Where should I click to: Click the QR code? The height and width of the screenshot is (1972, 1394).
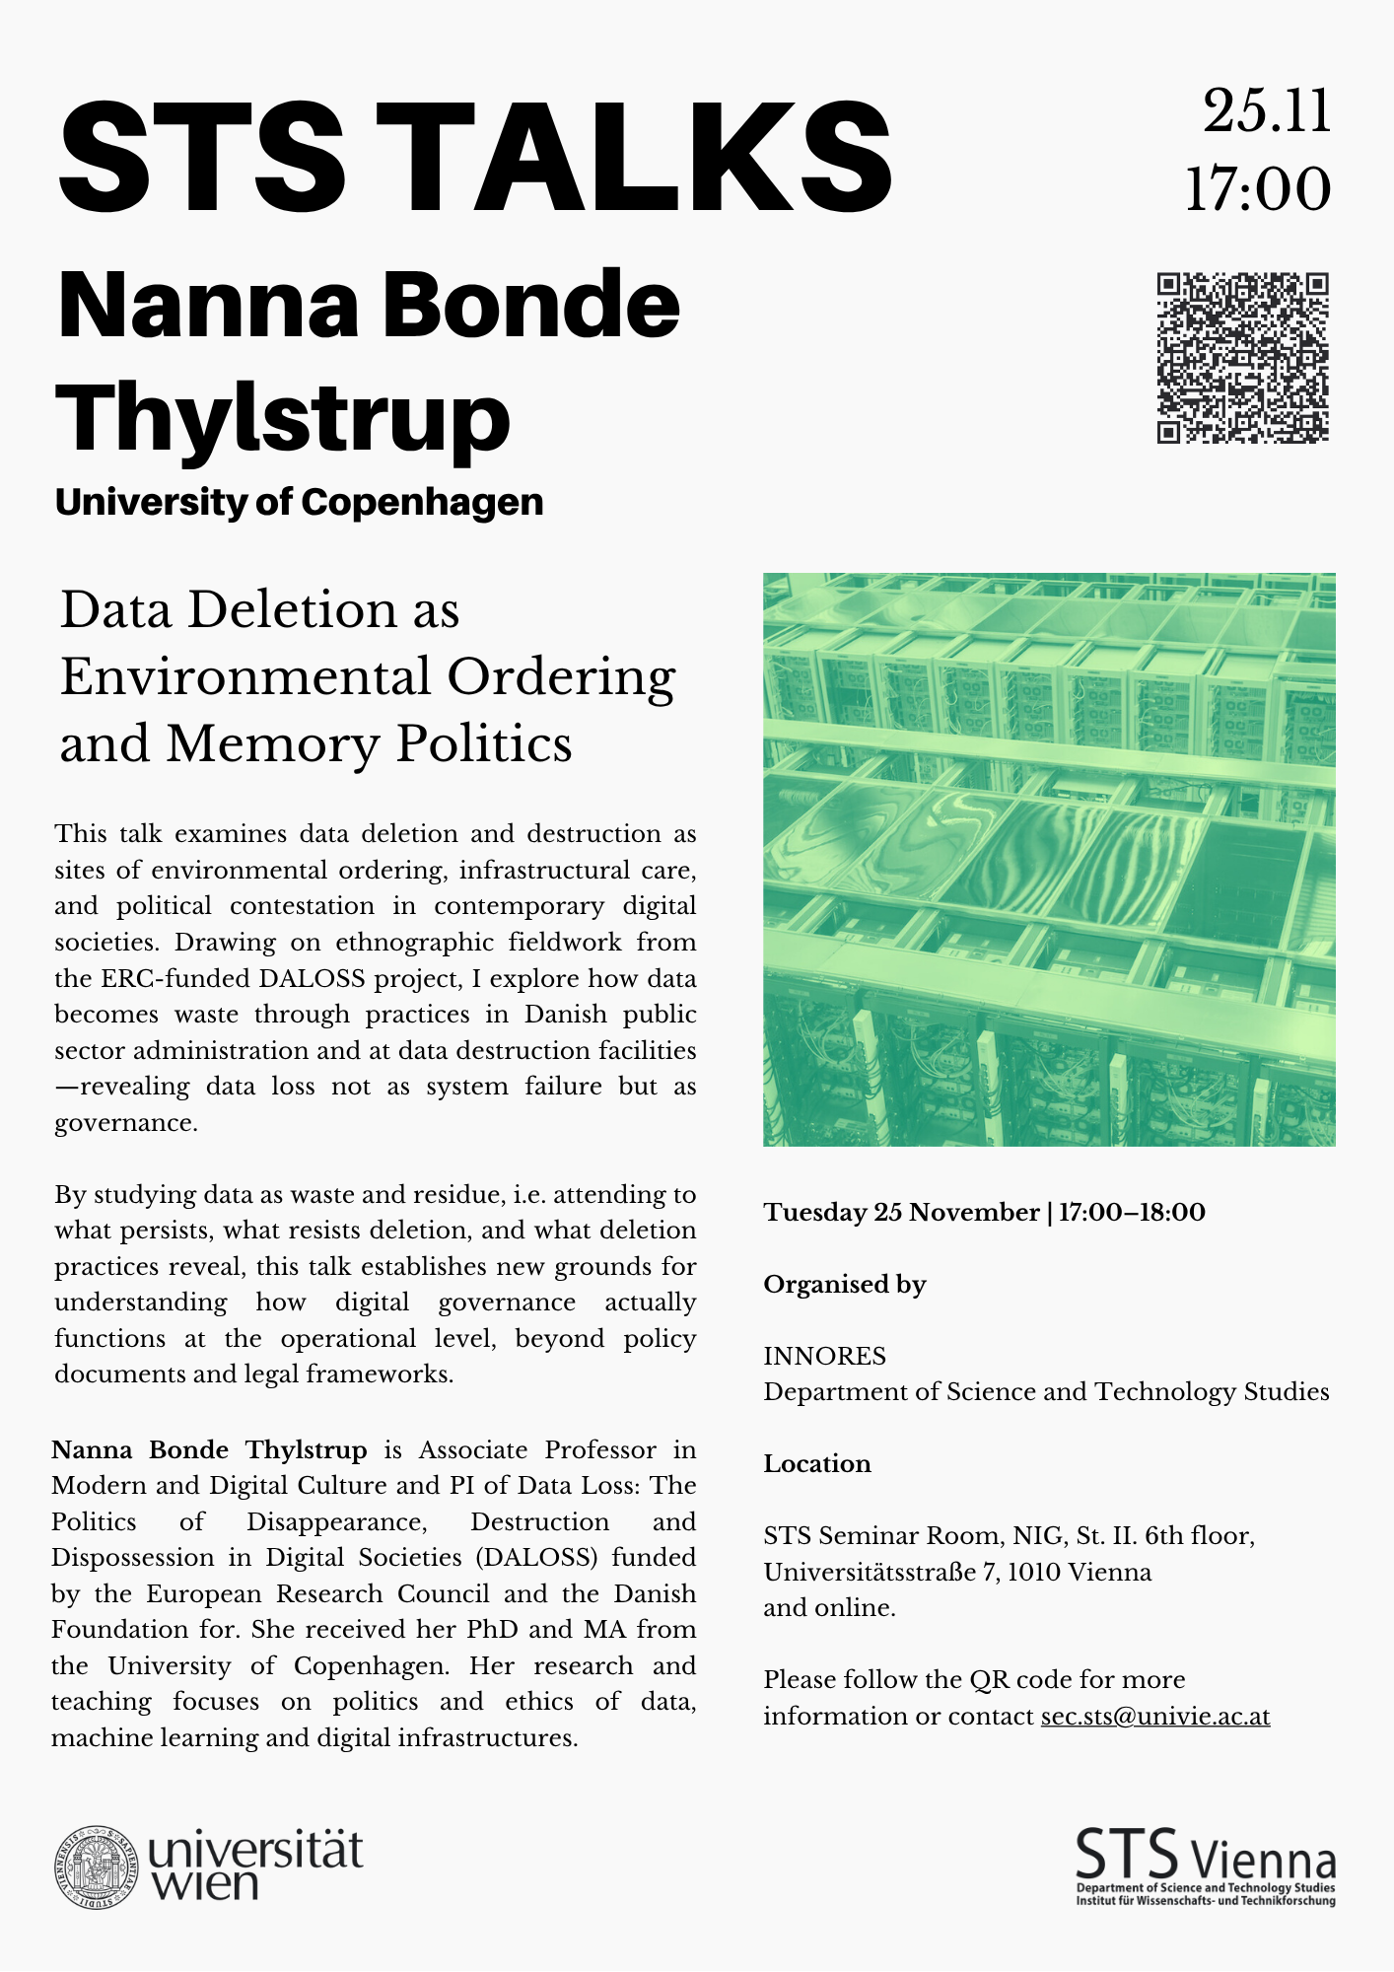tap(1242, 358)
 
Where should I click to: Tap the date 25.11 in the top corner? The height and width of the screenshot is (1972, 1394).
tap(1267, 110)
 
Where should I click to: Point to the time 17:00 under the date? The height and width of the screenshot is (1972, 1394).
tap(1258, 189)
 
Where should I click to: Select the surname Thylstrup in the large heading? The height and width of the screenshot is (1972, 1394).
tap(283, 419)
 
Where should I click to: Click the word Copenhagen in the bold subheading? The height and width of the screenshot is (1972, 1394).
tap(422, 502)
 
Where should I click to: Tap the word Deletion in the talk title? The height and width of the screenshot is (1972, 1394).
tap(296, 610)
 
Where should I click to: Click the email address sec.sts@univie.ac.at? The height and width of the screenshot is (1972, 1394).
tap(1154, 1717)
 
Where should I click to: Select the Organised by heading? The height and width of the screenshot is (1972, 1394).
tap(845, 1285)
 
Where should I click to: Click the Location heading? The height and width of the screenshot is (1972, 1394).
tap(817, 1464)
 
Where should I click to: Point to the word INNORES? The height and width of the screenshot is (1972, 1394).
tap(824, 1357)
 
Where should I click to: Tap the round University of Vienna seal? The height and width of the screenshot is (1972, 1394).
tap(97, 1866)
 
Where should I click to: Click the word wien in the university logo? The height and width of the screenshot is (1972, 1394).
tap(204, 1884)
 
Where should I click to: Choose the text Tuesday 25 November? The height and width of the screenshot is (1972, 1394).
tap(901, 1213)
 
